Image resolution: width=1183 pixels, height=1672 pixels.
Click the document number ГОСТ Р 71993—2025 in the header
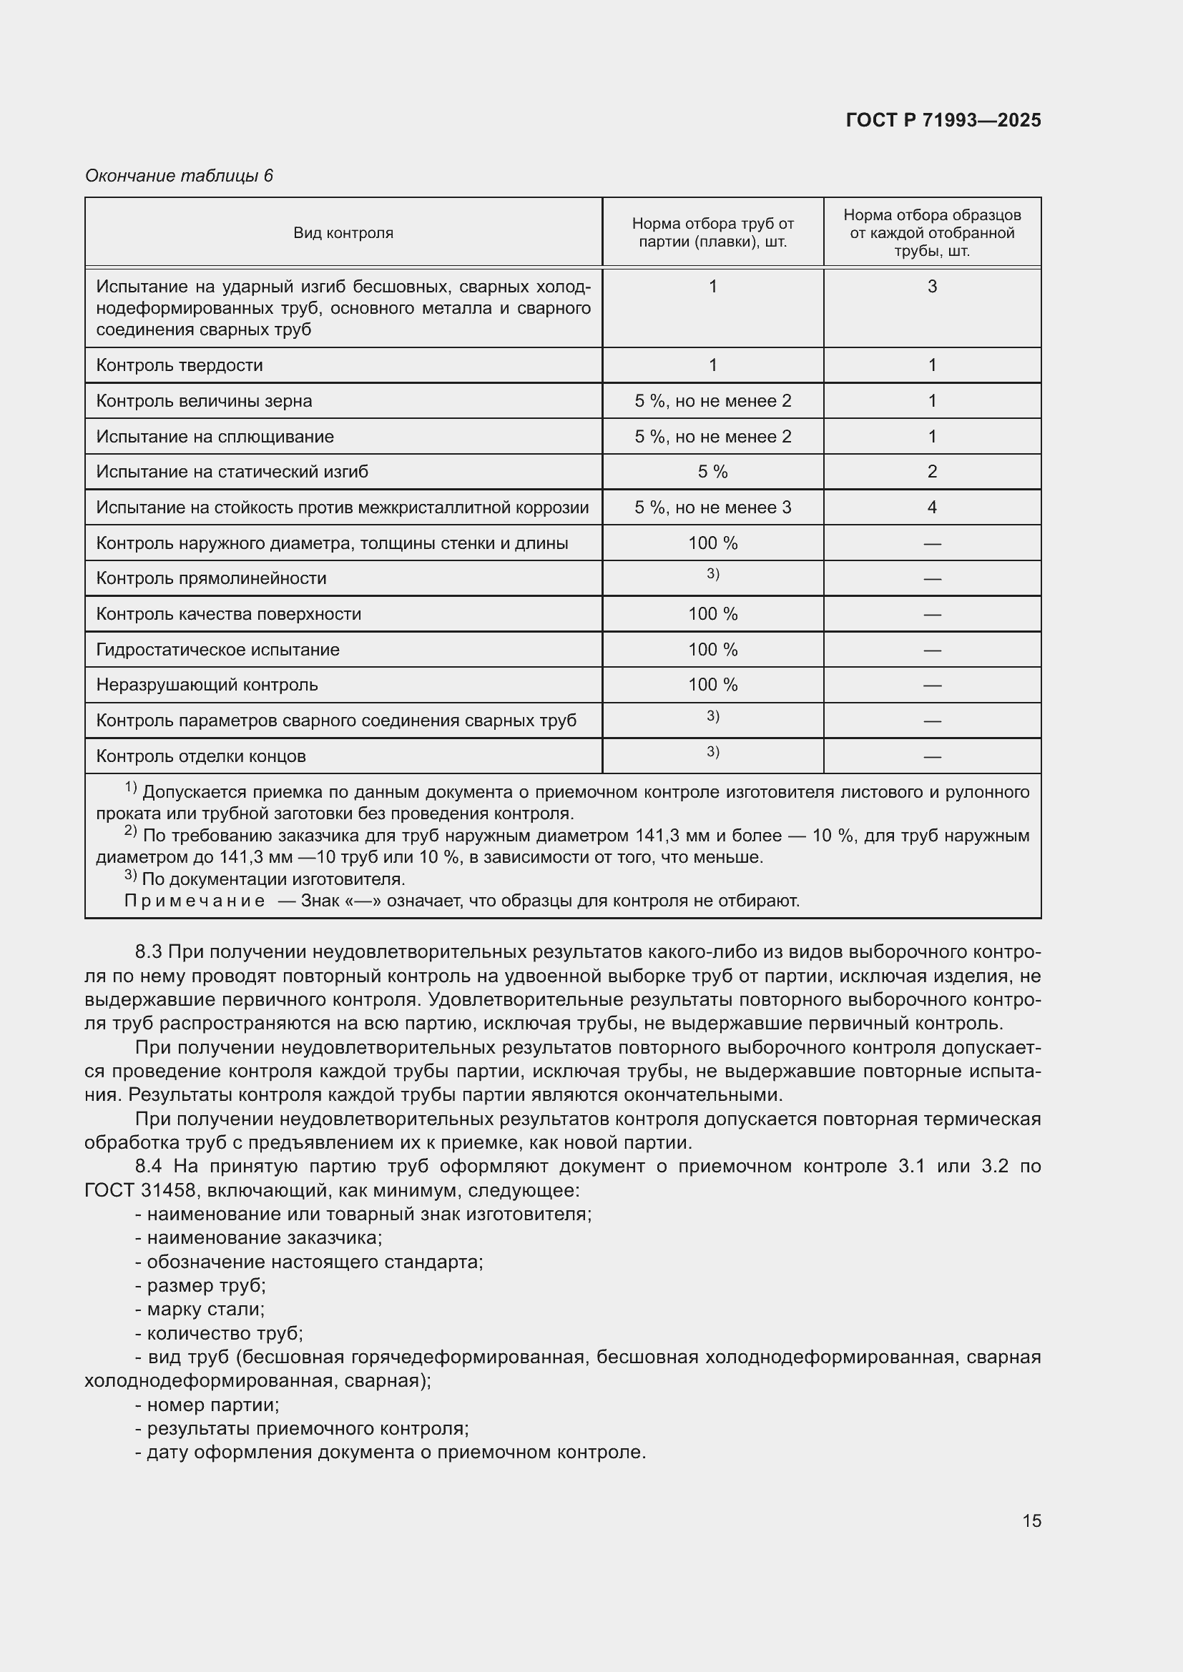[x=943, y=120]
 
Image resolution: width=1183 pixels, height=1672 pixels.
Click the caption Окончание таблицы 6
[x=180, y=176]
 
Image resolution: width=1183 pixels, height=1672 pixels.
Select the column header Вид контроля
[x=343, y=233]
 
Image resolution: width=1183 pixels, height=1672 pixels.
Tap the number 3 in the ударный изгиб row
[x=932, y=286]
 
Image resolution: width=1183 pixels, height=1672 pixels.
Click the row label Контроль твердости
[x=180, y=365]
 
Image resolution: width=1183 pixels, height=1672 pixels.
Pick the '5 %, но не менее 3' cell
[x=712, y=508]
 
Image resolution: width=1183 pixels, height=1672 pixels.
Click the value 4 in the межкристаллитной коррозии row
[x=932, y=508]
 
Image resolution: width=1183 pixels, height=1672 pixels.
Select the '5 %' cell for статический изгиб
[x=712, y=472]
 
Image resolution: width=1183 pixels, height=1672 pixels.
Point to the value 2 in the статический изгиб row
[x=932, y=472]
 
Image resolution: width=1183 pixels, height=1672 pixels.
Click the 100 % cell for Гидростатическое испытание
[x=712, y=650]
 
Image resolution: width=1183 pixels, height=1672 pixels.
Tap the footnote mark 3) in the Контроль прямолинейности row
[x=712, y=575]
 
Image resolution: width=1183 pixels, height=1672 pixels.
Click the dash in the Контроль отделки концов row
[x=932, y=756]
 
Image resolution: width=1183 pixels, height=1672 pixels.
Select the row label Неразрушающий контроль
[x=207, y=686]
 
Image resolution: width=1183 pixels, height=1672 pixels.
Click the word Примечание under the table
[x=195, y=901]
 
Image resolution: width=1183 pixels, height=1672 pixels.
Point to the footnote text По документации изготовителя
[x=273, y=879]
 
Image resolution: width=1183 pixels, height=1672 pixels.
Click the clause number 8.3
[x=149, y=951]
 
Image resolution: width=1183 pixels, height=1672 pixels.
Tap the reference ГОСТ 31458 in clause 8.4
[x=140, y=1191]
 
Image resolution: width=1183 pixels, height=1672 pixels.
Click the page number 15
[x=1031, y=1520]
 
